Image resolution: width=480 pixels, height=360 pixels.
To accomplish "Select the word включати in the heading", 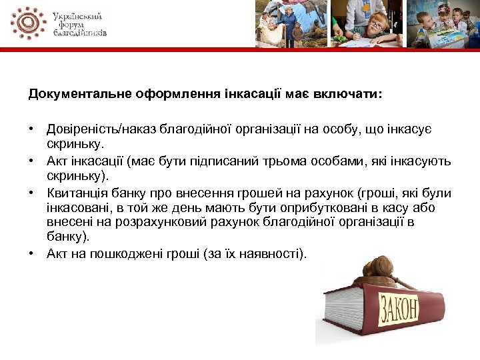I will click(x=353, y=94).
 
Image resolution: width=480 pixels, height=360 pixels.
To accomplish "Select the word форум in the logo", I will click(x=67, y=23).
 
